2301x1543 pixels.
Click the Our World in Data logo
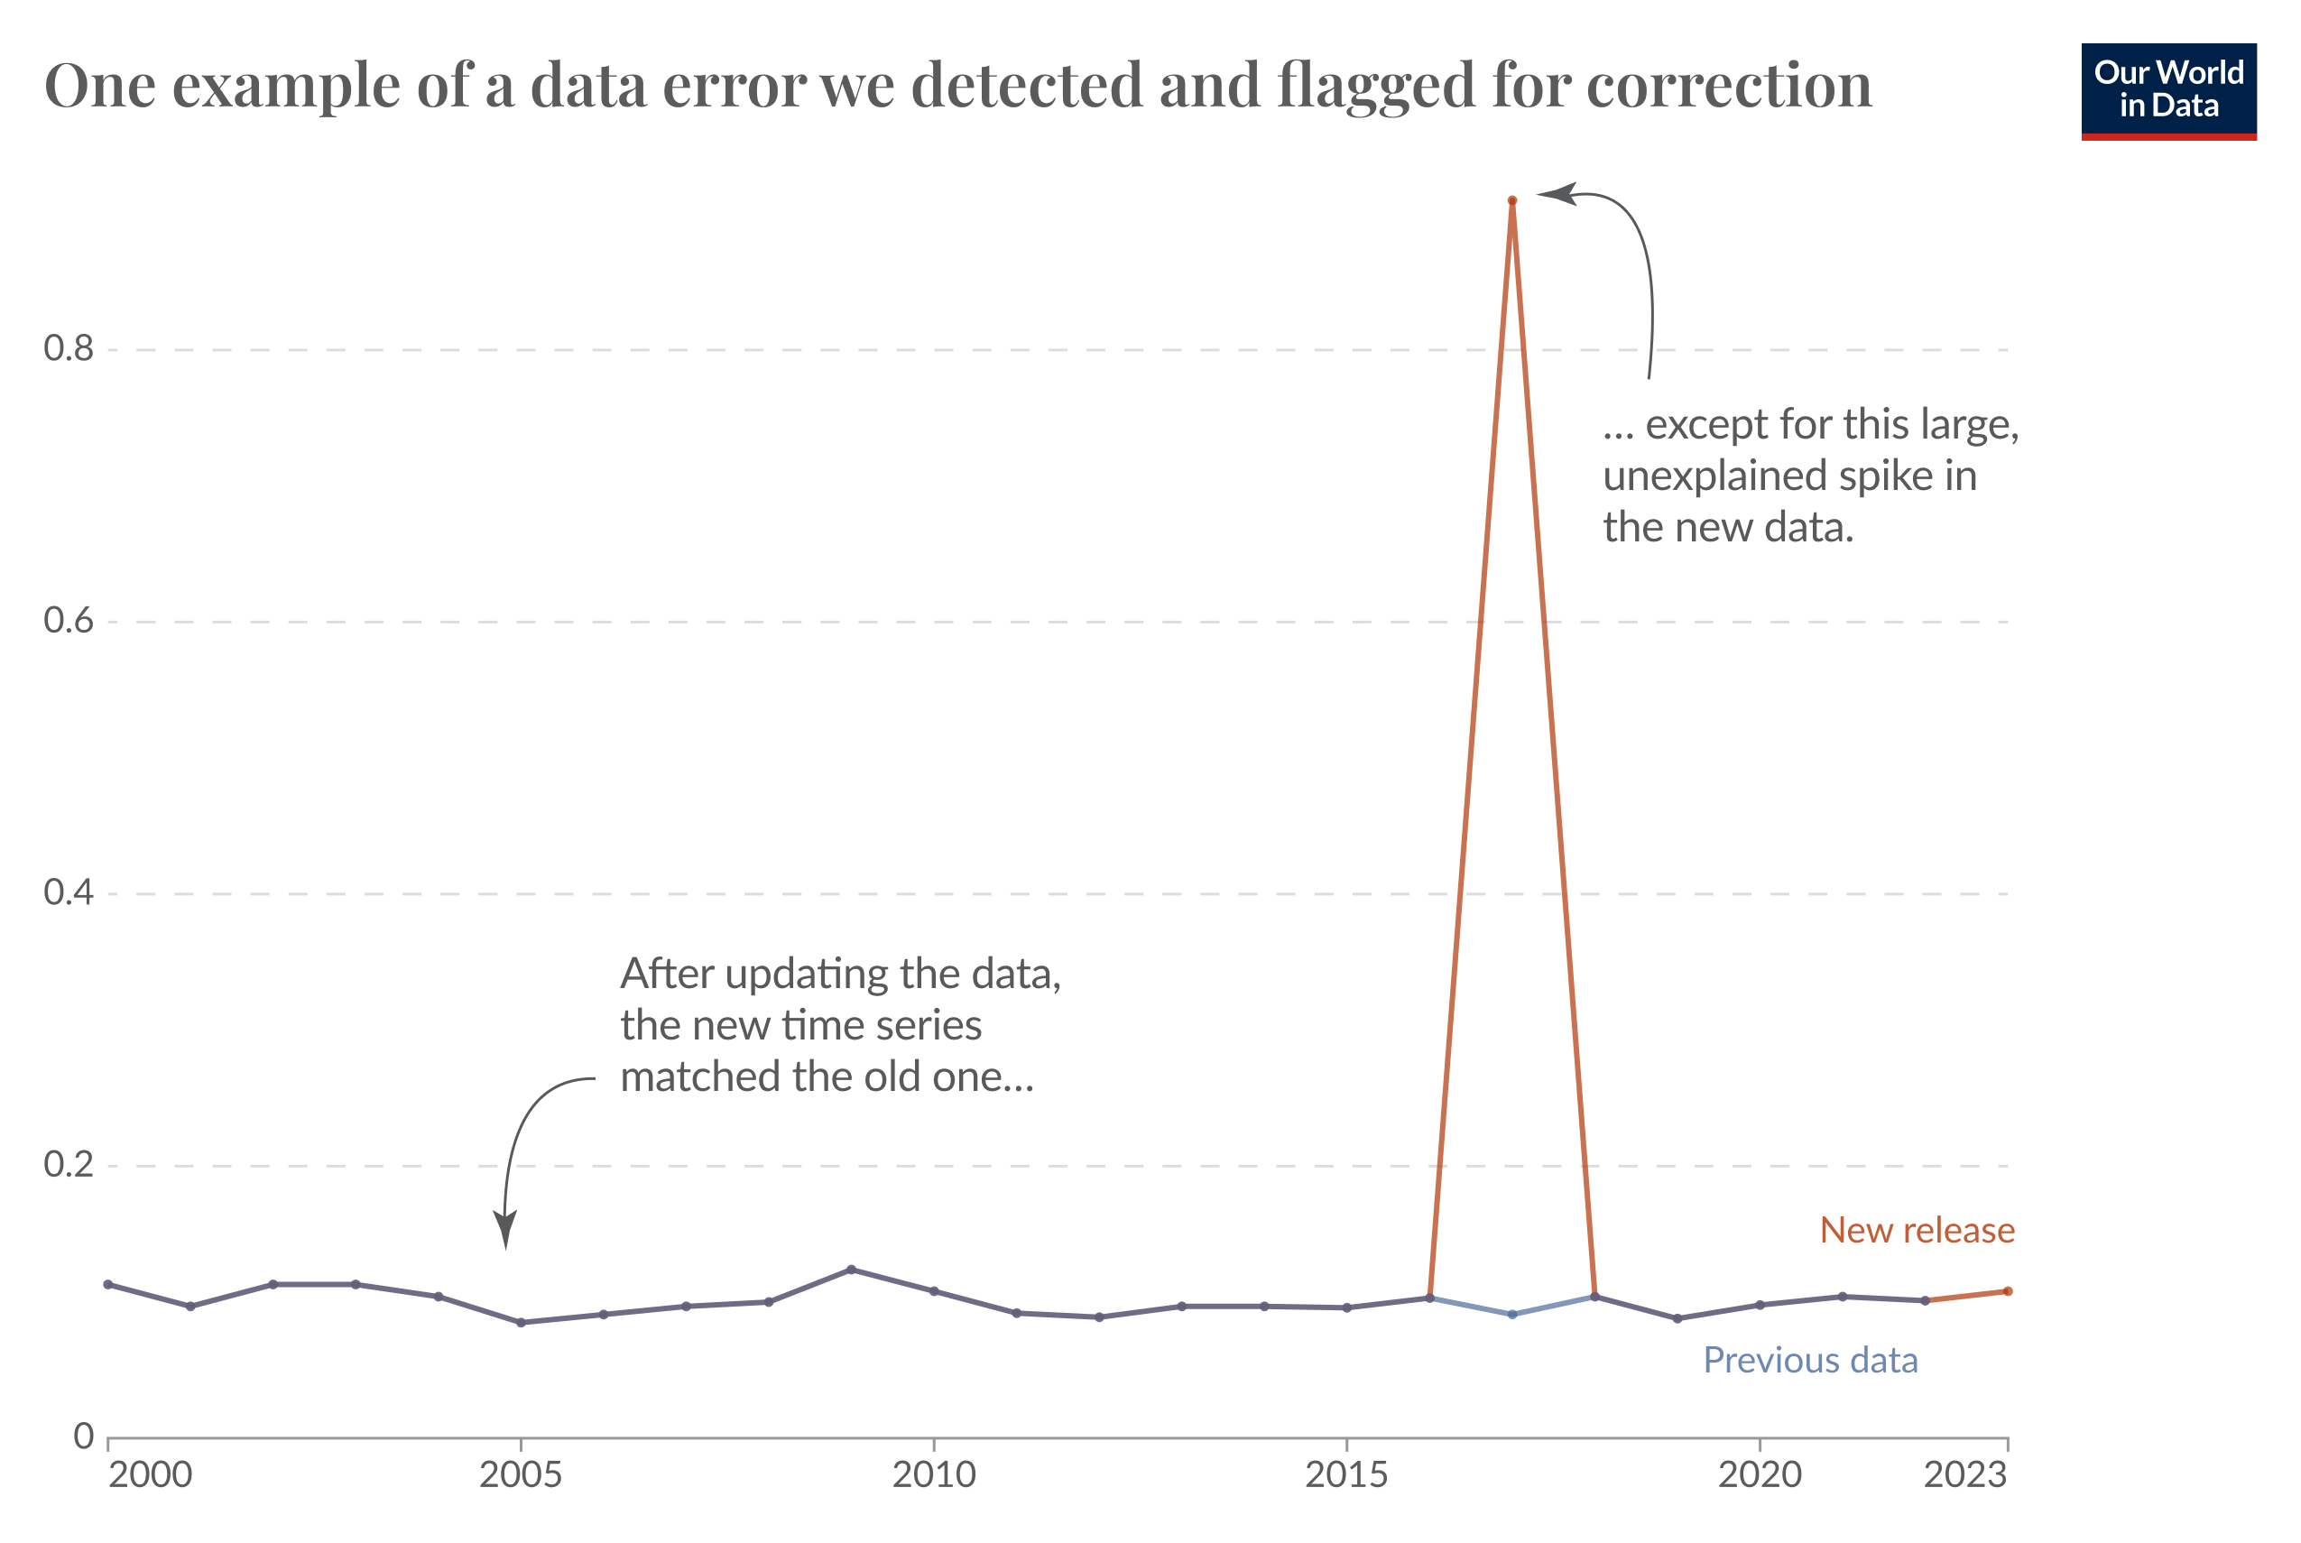click(2168, 90)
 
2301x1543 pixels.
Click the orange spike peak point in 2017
click(1511, 200)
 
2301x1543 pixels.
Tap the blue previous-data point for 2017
click(1511, 1314)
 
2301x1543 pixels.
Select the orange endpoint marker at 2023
click(2008, 1291)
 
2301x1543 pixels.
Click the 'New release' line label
click(1917, 1230)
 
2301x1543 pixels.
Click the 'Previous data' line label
click(1810, 1360)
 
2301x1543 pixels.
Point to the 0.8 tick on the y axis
click(68, 348)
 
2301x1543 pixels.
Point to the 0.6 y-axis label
click(68, 620)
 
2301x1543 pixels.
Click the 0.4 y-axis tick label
click(68, 892)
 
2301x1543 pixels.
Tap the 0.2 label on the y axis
click(68, 1164)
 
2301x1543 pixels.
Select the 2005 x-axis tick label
click(521, 1474)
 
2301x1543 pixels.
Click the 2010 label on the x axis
click(933, 1474)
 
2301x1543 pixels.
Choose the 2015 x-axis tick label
click(1346, 1474)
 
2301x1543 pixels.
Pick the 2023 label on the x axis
click(1964, 1474)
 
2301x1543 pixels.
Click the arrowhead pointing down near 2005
click(506, 1230)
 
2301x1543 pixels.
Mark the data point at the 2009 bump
click(851, 1270)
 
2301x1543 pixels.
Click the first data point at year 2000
click(108, 1284)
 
